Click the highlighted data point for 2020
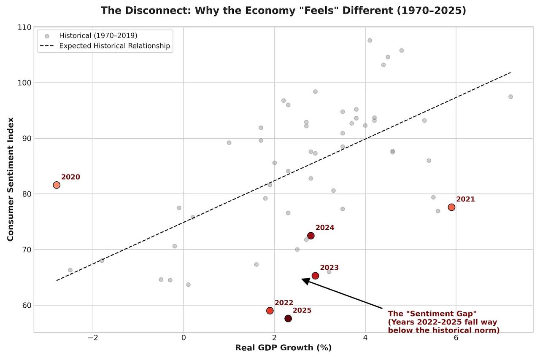coord(57,185)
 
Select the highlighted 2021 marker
coord(451,207)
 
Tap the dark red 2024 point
coord(311,236)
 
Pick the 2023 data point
coord(315,276)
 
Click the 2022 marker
coord(270,311)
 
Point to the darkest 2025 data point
coord(288,318)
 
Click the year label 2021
coord(465,199)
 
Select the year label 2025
coord(302,310)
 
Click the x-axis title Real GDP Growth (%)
coord(283,348)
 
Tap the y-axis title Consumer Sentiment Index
coord(11,179)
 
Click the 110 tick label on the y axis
coord(25,27)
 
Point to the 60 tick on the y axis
coord(27,305)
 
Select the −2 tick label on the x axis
coord(93,338)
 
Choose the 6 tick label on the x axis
coord(456,338)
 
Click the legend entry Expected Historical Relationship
coord(114,46)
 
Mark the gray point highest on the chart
coord(370,40)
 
